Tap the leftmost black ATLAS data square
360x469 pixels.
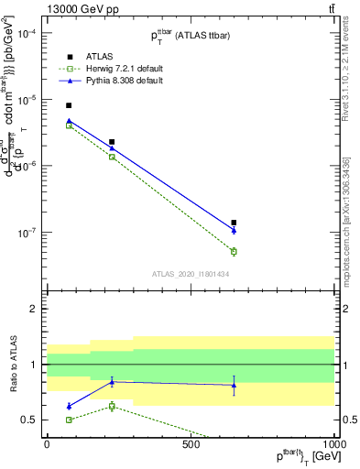tap(69, 105)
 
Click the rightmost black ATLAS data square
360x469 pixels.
tap(234, 223)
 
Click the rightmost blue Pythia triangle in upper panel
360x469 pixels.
tap(234, 230)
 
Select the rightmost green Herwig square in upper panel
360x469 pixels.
tap(234, 251)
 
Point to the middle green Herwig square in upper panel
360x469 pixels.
tap(112, 157)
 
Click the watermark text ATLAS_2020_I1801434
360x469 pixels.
tap(191, 274)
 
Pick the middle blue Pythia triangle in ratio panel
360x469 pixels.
tap(112, 381)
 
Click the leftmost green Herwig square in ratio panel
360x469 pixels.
tap(69, 420)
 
